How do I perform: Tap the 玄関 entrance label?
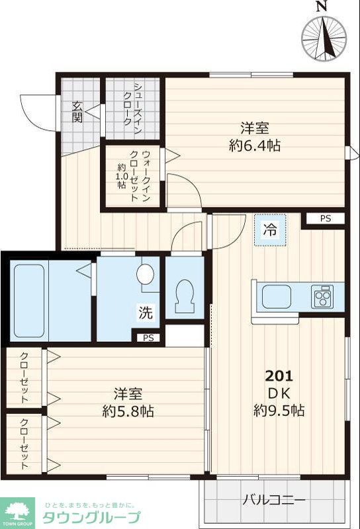77,113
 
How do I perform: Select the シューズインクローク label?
132,109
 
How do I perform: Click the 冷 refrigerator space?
270,231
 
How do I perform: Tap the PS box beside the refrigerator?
323,219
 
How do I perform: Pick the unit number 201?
279,376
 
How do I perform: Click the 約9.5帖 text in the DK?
279,411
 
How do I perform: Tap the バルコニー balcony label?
273,500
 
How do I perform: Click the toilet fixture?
184,297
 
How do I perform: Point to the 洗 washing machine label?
146,313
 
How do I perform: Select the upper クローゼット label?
24,378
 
